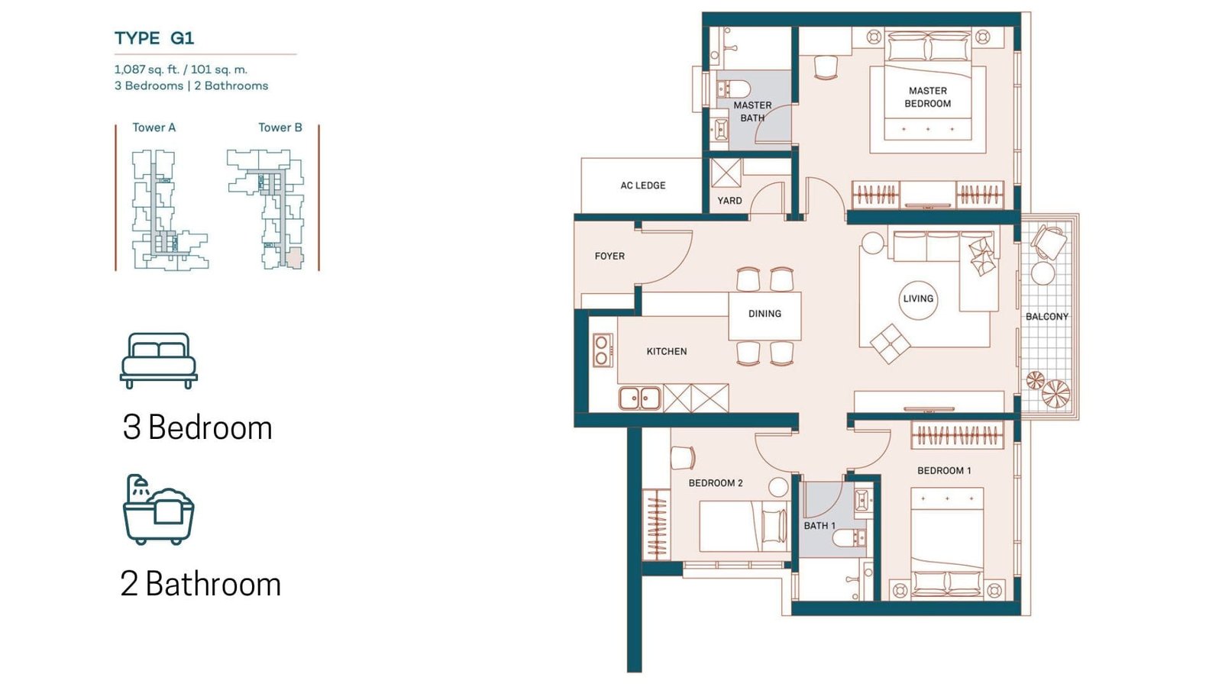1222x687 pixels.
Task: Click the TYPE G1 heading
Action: pyautogui.click(x=154, y=38)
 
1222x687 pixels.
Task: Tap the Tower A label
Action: pyautogui.click(x=154, y=127)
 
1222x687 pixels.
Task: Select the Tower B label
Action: pyautogui.click(x=280, y=127)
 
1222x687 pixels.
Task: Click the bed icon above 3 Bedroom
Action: pyautogui.click(x=159, y=360)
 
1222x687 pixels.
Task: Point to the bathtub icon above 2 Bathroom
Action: pyautogui.click(x=159, y=509)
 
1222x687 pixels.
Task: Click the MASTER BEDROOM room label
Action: pyautogui.click(x=927, y=97)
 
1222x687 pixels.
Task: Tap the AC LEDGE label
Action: pyautogui.click(x=642, y=185)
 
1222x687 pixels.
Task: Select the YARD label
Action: pyautogui.click(x=729, y=201)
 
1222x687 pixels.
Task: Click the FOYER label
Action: pyautogui.click(x=609, y=256)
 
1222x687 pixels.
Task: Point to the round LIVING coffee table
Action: pyautogui.click(x=918, y=298)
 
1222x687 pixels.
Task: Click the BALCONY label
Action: pyautogui.click(x=1047, y=316)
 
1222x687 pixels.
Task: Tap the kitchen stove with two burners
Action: pyautogui.click(x=603, y=350)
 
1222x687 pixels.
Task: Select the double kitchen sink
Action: pyautogui.click(x=640, y=398)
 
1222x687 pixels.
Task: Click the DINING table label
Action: pyautogui.click(x=765, y=314)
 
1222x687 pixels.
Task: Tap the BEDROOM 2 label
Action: pyautogui.click(x=715, y=483)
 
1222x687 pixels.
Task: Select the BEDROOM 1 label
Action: pyautogui.click(x=944, y=470)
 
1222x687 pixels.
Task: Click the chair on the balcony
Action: pyautogui.click(x=1047, y=243)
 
